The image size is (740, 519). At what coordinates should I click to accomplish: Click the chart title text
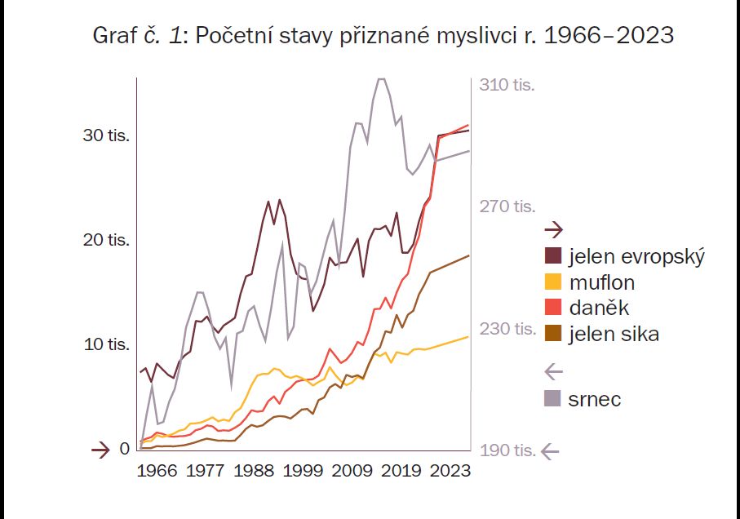[370, 36]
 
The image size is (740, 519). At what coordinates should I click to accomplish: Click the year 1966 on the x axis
[157, 471]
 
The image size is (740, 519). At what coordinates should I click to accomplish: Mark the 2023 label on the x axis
[450, 471]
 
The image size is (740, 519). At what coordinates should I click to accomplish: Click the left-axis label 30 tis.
[106, 135]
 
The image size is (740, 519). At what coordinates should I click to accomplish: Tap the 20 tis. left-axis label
[106, 240]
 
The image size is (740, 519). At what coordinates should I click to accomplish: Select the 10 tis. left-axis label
[106, 344]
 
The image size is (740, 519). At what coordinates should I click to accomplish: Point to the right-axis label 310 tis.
[507, 85]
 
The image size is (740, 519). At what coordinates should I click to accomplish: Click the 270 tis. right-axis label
[507, 206]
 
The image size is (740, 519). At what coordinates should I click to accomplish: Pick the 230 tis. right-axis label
[507, 328]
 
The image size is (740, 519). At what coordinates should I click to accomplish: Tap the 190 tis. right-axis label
[507, 450]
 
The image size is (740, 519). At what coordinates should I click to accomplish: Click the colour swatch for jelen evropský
[553, 256]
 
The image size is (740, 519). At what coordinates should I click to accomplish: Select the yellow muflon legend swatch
[553, 282]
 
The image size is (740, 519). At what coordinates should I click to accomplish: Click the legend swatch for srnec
[553, 399]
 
